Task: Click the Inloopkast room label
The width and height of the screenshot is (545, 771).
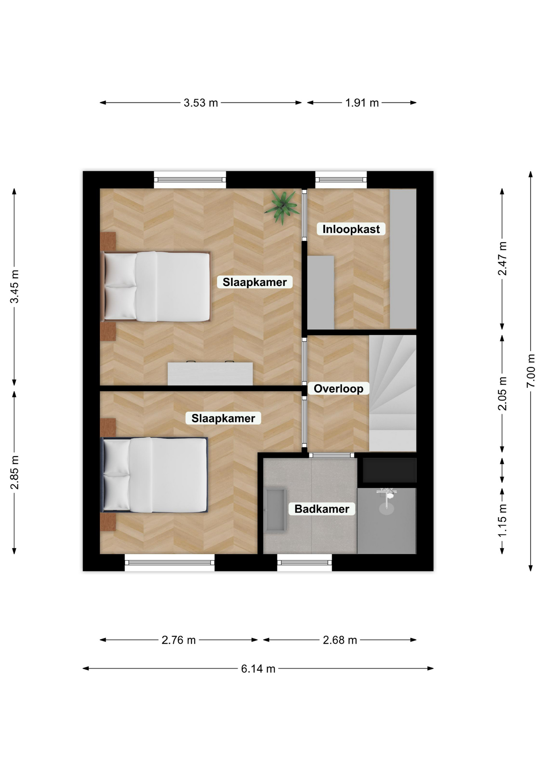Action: [x=351, y=229]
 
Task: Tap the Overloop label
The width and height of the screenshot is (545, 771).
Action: [x=338, y=389]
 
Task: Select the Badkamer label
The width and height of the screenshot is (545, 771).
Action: [x=322, y=509]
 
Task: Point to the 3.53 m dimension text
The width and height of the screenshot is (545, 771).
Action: [x=201, y=103]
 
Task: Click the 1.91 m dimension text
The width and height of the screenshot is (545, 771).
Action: [x=362, y=103]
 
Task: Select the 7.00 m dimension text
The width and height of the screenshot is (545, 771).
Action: [x=531, y=371]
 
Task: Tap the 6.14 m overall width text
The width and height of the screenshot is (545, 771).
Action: [x=258, y=669]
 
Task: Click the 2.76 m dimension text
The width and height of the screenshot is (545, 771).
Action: [x=179, y=640]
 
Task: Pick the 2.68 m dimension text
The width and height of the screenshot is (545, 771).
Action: [x=340, y=640]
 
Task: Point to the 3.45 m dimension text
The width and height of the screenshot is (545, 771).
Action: [x=14, y=287]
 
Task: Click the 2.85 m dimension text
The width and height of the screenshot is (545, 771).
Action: [x=14, y=473]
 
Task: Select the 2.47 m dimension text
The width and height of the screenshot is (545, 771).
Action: [x=502, y=259]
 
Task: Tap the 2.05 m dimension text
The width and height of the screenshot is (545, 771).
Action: [x=502, y=394]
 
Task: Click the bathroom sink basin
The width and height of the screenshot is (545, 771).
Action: [x=275, y=510]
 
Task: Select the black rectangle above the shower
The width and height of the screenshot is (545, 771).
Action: [x=390, y=470]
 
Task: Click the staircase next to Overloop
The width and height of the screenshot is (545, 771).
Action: [x=392, y=393]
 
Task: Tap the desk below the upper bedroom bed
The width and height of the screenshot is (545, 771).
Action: [x=210, y=373]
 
